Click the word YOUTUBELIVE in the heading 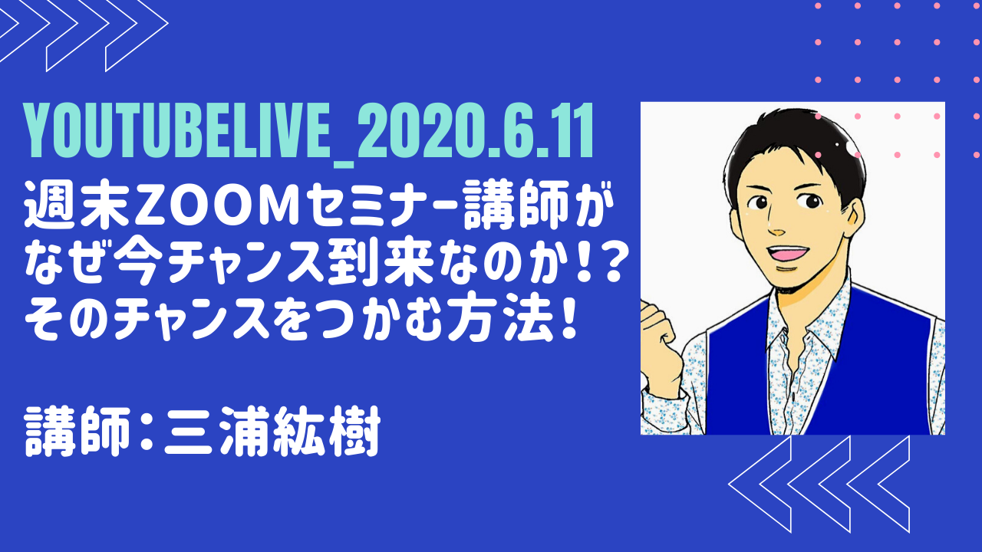(x=176, y=130)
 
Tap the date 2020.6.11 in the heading (x=476, y=130)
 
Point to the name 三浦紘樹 (x=272, y=432)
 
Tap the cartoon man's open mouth (x=788, y=254)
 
